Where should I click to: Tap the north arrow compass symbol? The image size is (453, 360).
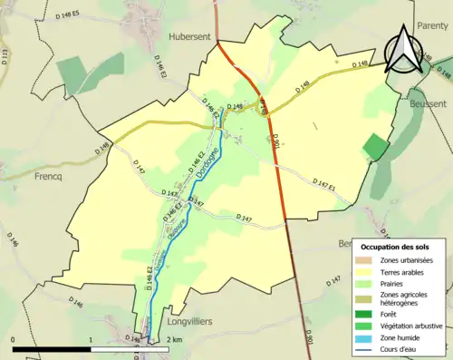click(x=403, y=49)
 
